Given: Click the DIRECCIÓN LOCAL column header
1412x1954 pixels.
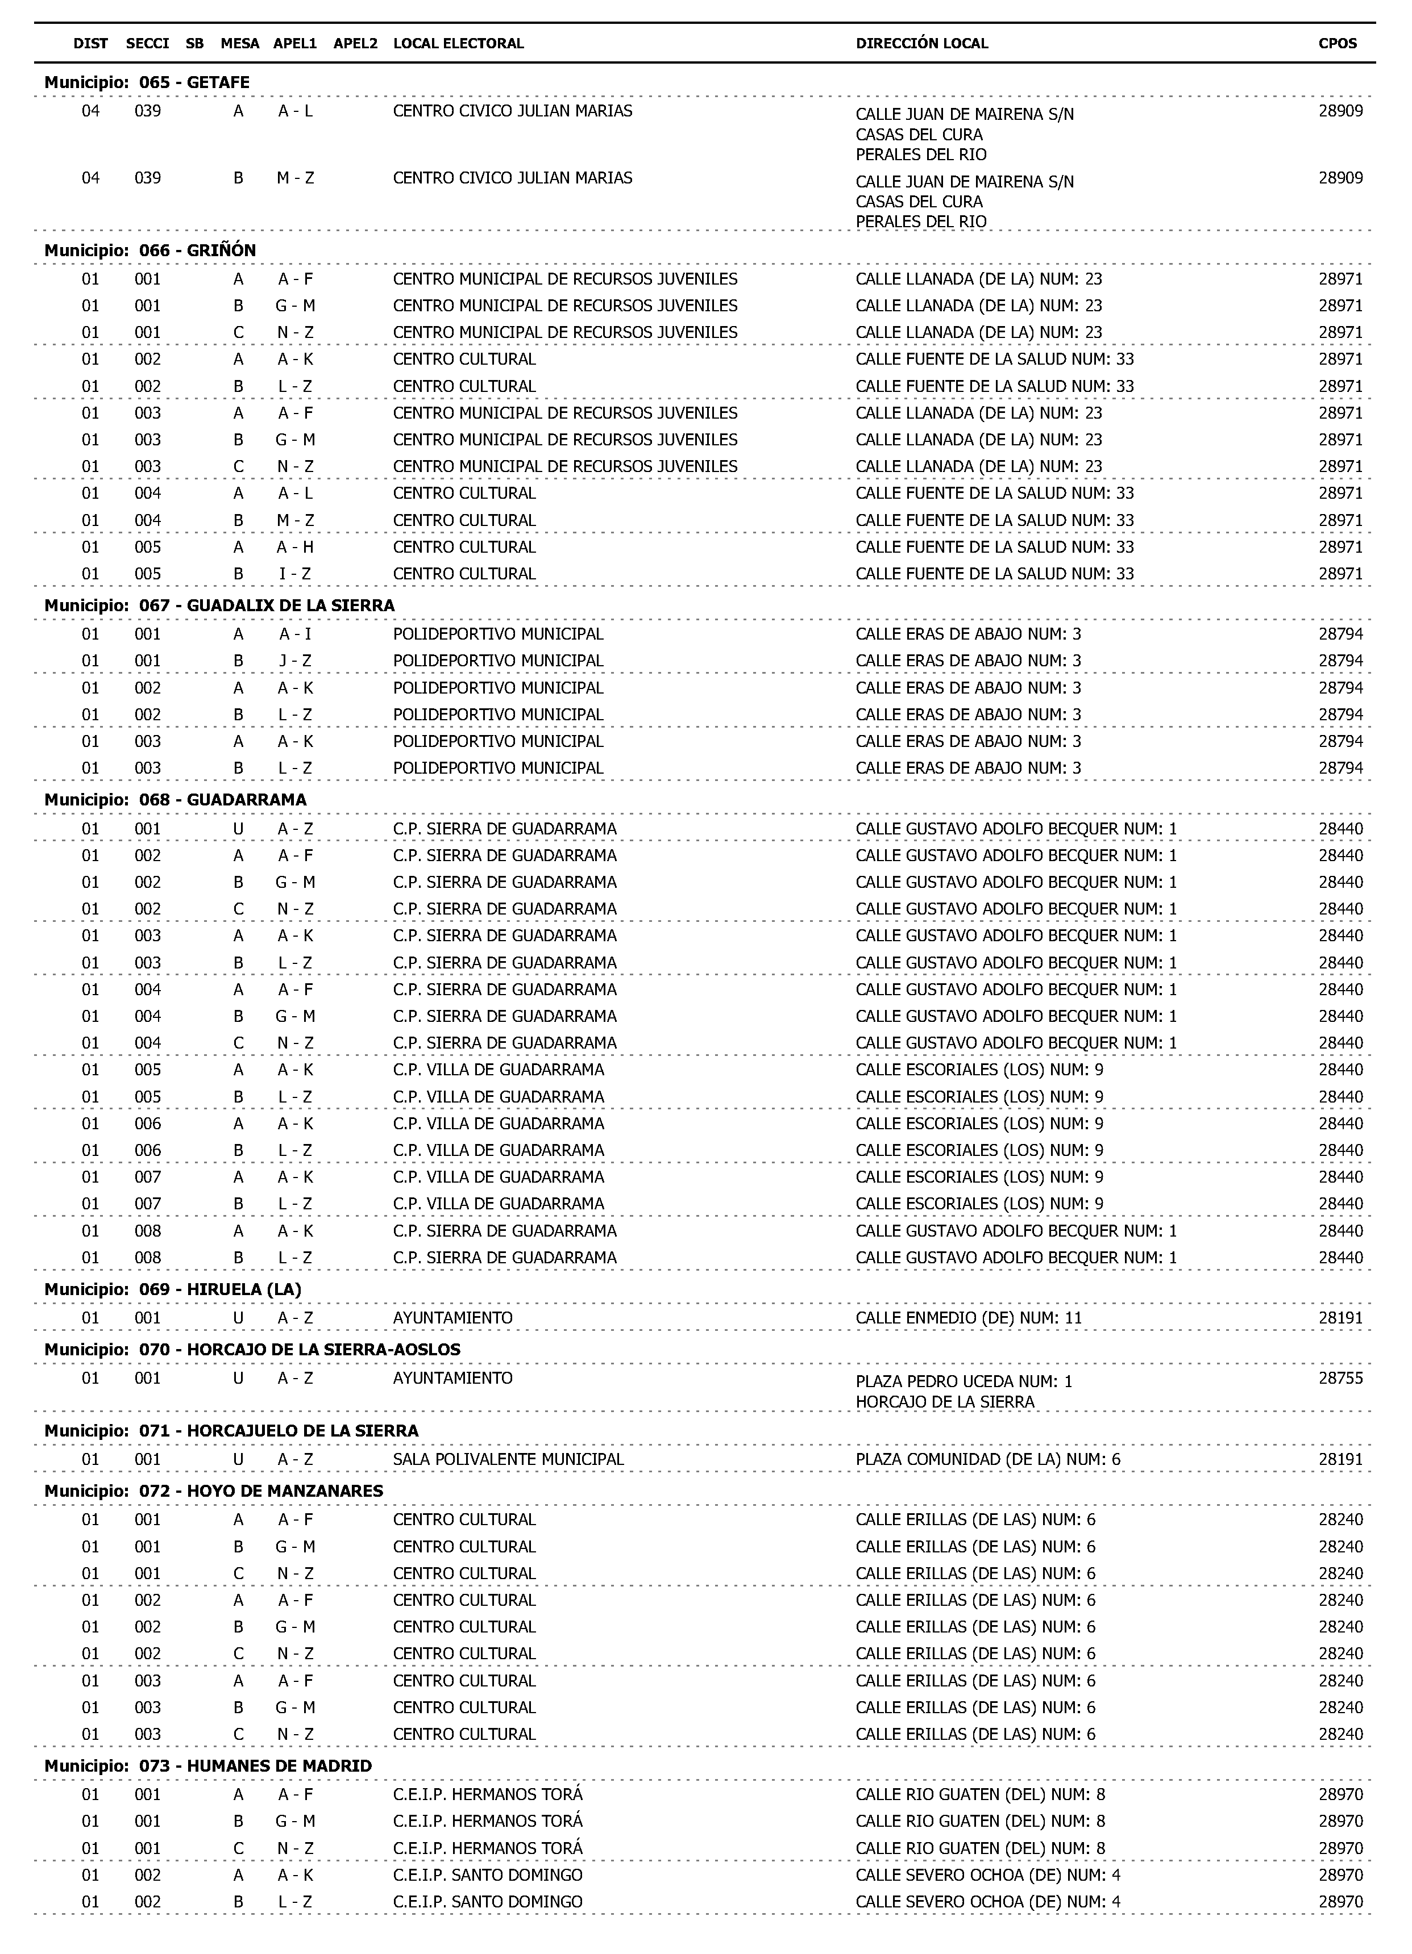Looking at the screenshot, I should (921, 43).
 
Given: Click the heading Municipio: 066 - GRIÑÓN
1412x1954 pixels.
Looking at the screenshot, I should (150, 250).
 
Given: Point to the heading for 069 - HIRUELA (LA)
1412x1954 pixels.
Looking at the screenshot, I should (172, 1289).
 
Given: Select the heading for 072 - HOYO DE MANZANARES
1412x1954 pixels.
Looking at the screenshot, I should (214, 1490).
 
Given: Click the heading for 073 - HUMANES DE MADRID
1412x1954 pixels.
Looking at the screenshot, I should (207, 1765).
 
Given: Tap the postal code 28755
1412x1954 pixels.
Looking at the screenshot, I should (1340, 1377).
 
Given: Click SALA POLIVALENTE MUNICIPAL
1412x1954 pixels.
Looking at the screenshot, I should (508, 1459).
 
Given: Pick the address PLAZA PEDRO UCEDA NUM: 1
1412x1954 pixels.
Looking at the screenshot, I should (964, 1381).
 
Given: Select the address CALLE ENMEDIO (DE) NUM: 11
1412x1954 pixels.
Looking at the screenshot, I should (968, 1317).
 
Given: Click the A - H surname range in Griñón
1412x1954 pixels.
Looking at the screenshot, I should (295, 547).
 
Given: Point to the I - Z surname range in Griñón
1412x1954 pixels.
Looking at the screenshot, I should (295, 574).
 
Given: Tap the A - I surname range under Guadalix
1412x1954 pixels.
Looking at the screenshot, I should (295, 634).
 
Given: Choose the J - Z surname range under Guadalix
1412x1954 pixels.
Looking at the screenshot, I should (295, 661).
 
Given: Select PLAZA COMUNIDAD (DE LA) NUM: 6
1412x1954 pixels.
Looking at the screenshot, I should (988, 1459).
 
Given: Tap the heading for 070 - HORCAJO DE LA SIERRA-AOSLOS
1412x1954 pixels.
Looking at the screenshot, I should (252, 1349).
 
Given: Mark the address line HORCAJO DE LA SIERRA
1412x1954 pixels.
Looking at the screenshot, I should (945, 1402).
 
